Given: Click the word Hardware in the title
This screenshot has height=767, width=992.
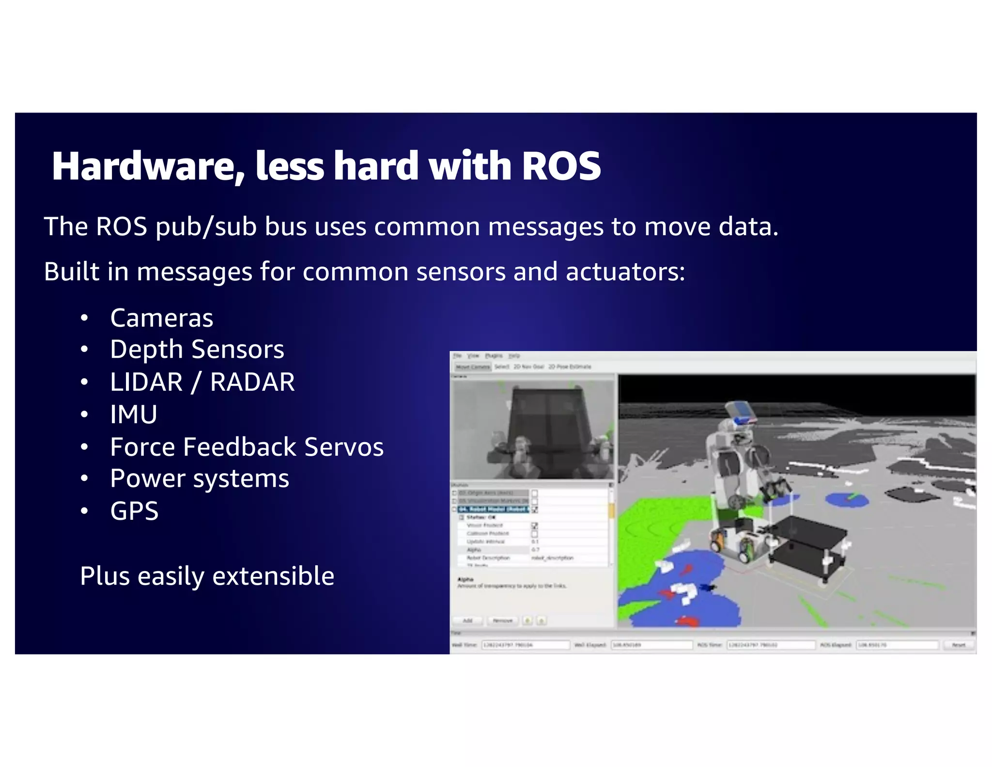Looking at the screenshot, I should [x=143, y=166].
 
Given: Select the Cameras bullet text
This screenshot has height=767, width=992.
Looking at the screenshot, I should [x=161, y=318].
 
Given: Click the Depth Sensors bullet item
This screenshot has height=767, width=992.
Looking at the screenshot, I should [x=197, y=350].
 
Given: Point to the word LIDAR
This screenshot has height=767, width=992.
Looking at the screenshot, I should [x=146, y=382].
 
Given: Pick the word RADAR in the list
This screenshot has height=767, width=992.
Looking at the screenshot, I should [x=252, y=382].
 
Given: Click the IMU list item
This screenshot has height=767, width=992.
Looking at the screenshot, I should [x=134, y=415].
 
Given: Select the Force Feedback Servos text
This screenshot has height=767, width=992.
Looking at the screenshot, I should [x=247, y=447].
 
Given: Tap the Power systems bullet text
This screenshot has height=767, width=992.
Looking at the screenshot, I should [x=199, y=479].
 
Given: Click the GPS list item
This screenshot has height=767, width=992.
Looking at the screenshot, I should [x=134, y=511].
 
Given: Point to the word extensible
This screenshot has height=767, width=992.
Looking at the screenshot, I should [x=273, y=576].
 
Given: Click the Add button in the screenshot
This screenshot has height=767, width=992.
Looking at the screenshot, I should [x=467, y=621].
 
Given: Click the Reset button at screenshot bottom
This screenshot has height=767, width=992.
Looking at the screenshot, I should [x=958, y=645].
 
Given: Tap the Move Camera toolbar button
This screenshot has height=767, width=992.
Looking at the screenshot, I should [x=472, y=367].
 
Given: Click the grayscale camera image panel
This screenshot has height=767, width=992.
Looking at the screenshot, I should [x=533, y=429].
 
